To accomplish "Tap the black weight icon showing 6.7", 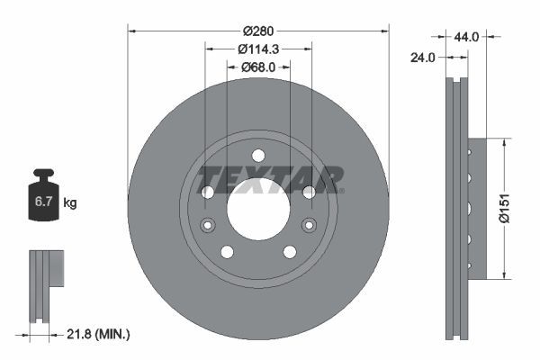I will point(43,196).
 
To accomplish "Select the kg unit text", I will point(70,203).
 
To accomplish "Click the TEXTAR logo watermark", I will point(270,179).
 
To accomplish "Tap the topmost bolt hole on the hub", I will point(258,155).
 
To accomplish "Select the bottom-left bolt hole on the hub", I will point(227,251).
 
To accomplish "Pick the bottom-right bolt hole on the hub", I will point(290,251).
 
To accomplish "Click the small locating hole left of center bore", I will point(208,225).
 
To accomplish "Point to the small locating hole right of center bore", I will point(309,225).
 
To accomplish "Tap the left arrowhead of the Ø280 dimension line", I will point(132,30).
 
